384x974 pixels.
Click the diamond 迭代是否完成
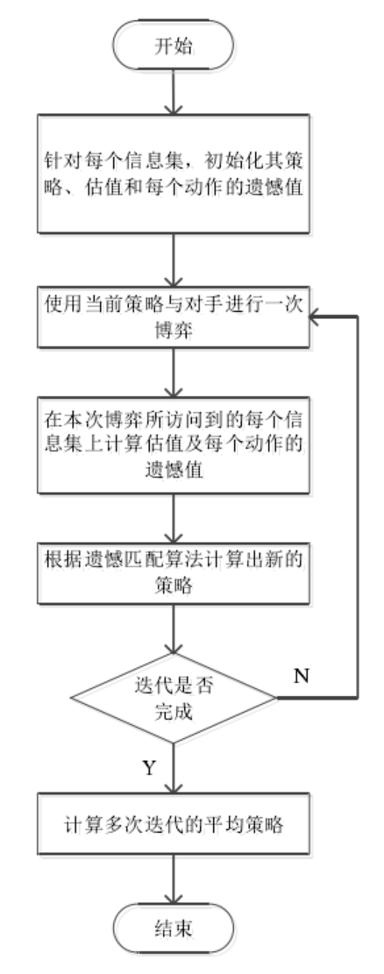coord(176,700)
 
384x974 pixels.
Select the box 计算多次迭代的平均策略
coord(176,826)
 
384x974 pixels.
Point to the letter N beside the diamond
coord(299,677)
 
